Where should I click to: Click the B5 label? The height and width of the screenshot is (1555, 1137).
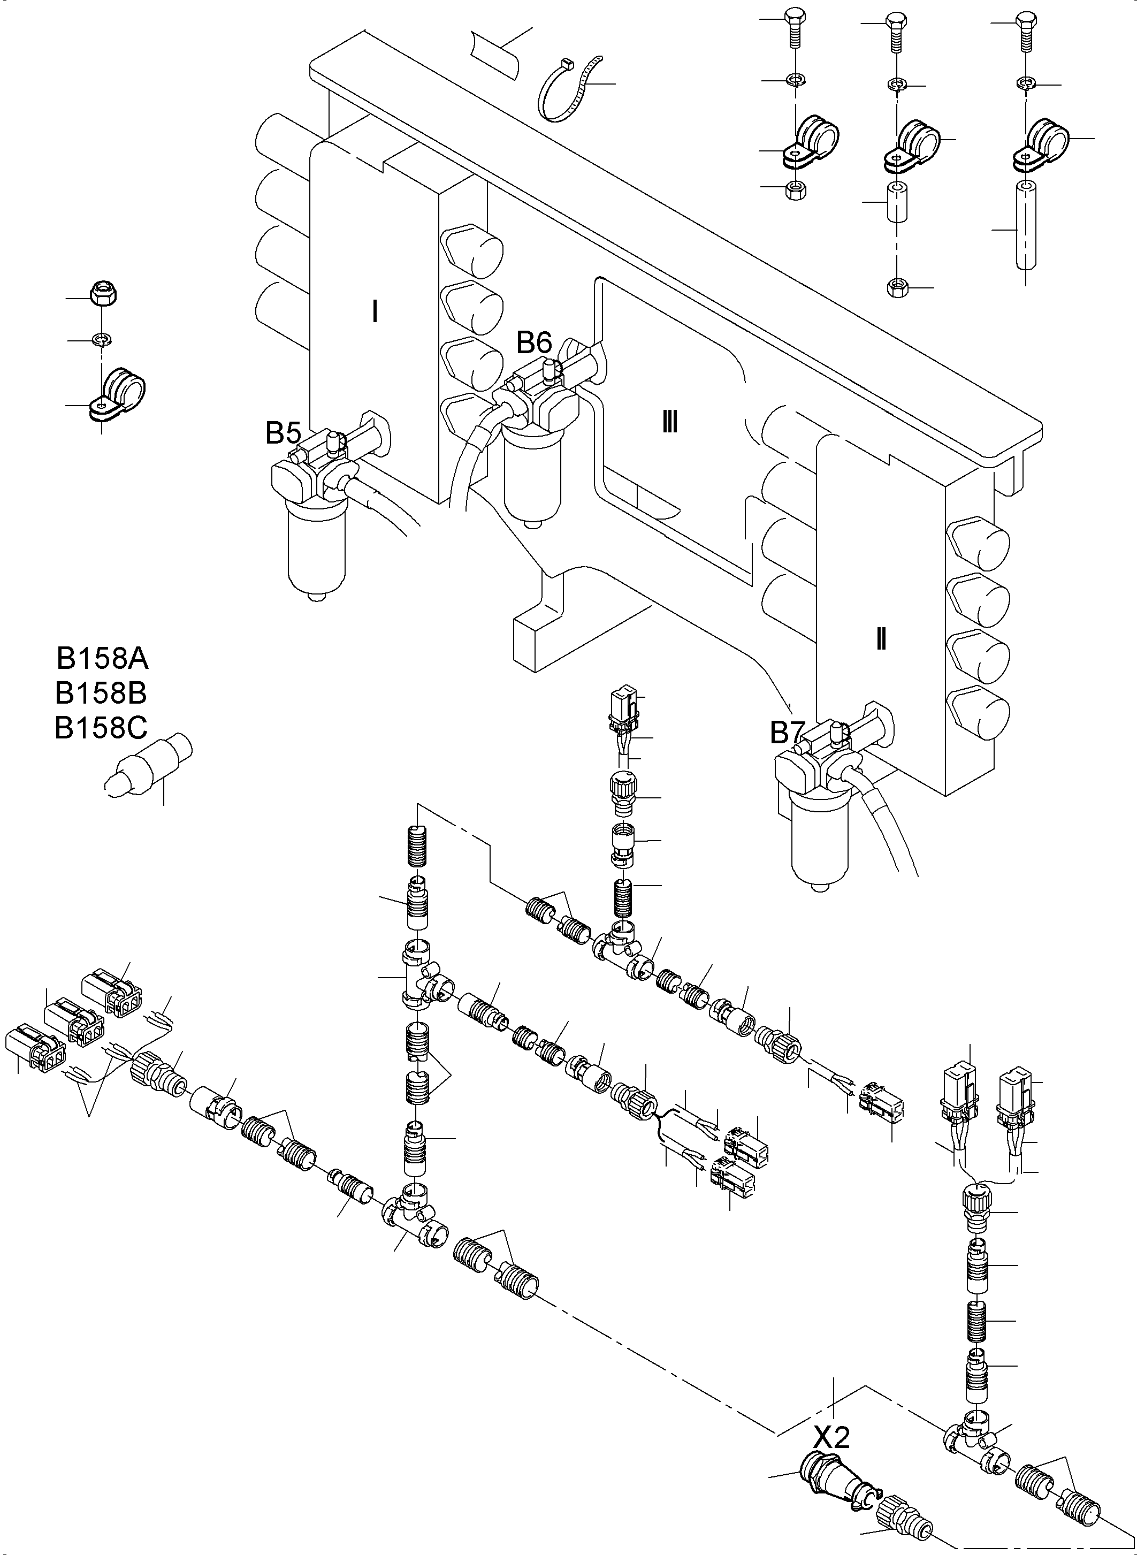283,433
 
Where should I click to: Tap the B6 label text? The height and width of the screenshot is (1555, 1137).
534,341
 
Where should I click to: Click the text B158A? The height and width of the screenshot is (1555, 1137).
102,659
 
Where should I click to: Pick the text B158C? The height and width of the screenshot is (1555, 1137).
101,728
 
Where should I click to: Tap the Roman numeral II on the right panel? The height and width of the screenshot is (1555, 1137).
880,640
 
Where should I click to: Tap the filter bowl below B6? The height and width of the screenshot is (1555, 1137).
532,476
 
